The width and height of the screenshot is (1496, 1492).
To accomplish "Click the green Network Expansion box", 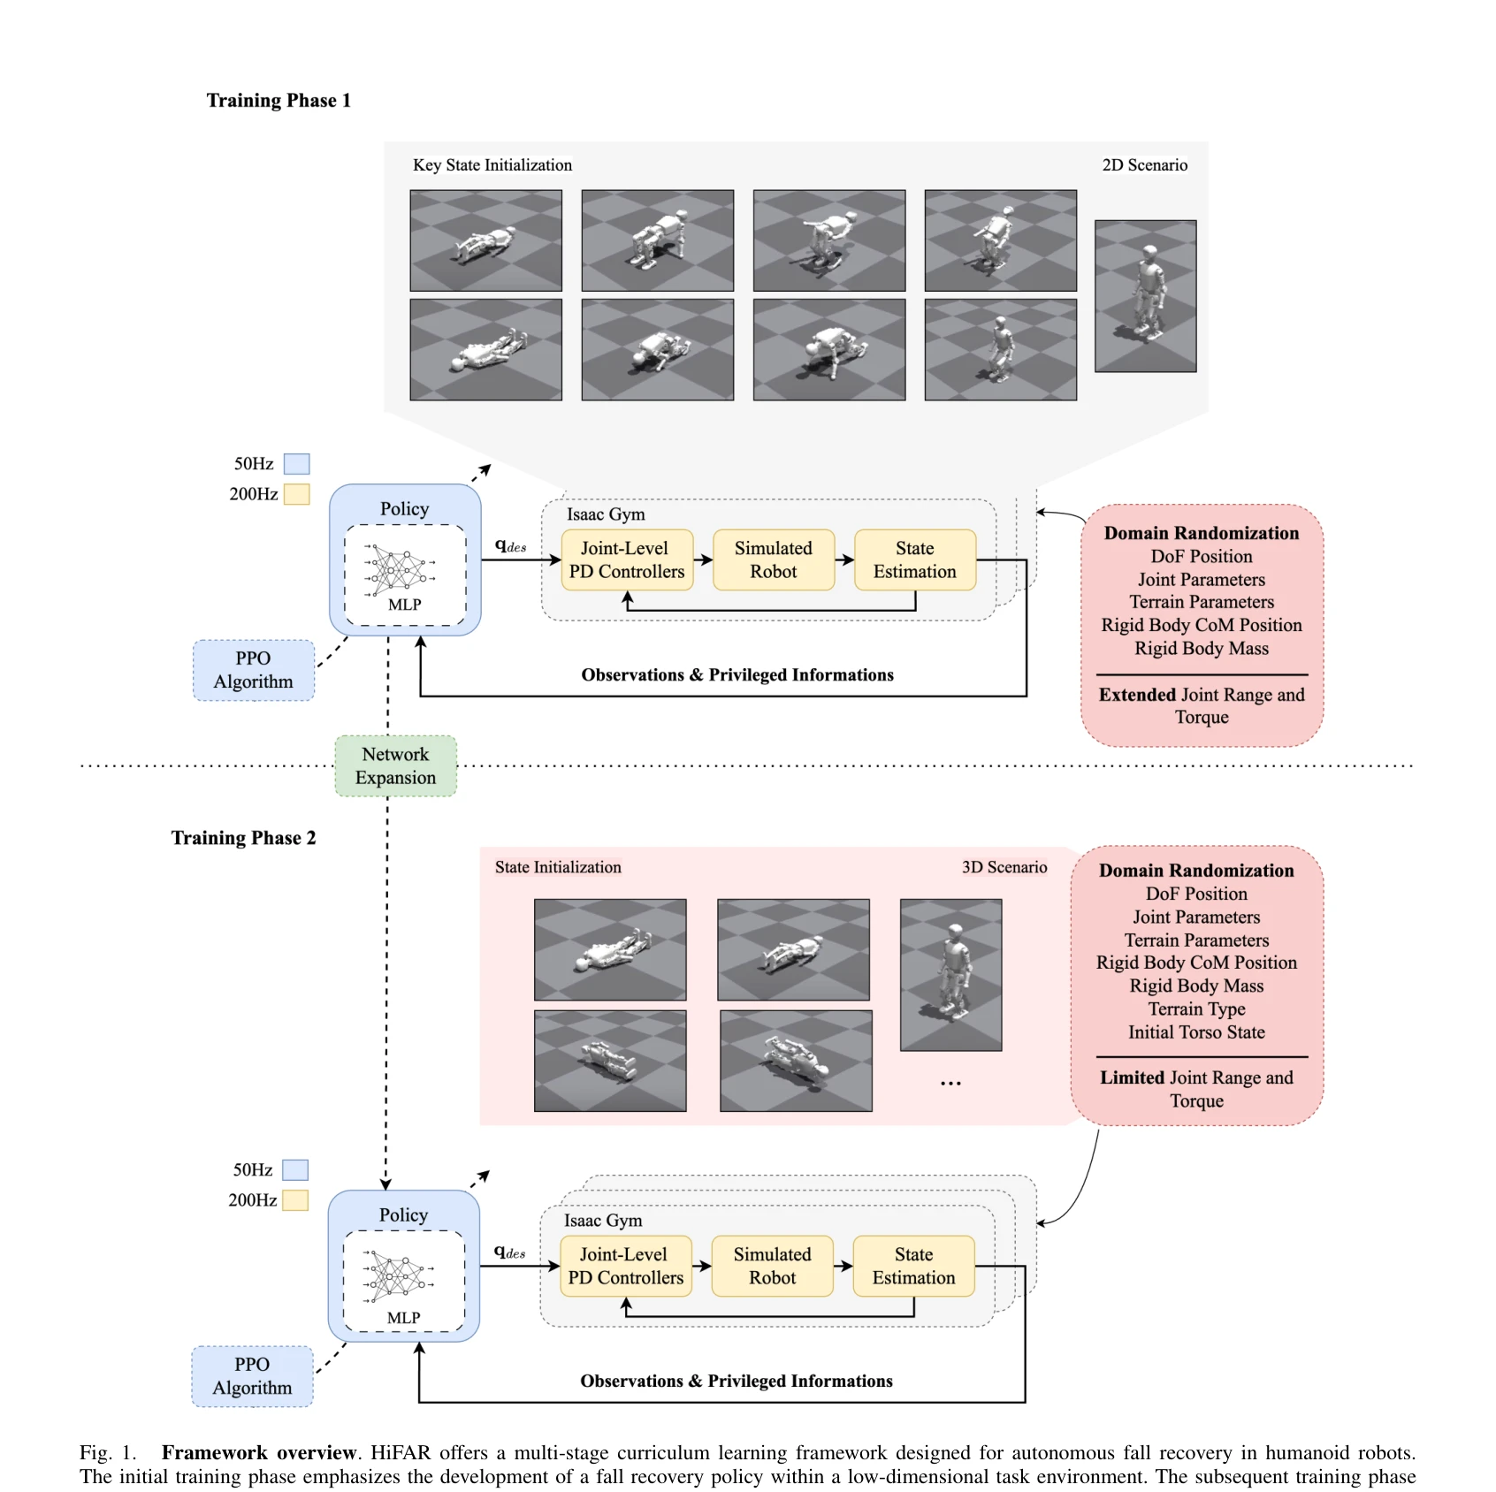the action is [395, 765].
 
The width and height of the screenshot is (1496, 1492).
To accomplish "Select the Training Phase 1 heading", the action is [279, 101].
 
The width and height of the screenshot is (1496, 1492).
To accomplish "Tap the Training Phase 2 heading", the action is [243, 838].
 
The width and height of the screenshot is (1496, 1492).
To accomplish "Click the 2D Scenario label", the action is [1144, 165].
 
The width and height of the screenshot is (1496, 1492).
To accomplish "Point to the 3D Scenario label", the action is [1004, 867].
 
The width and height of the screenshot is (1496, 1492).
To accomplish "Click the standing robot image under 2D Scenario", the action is [1145, 296].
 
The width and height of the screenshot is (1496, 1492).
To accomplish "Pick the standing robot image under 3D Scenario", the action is [950, 975].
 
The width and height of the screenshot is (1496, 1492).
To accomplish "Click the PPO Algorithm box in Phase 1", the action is [254, 670].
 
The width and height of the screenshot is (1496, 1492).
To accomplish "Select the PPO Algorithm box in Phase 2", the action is [252, 1376].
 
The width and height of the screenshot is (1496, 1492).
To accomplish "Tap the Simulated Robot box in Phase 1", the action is [774, 559].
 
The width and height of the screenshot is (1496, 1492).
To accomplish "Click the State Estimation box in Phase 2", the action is [913, 1266].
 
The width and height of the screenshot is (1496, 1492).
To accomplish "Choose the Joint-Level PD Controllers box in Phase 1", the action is [627, 559].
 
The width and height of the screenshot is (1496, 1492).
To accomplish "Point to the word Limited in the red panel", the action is [1132, 1077].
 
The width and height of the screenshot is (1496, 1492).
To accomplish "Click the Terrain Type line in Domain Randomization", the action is [1196, 1009].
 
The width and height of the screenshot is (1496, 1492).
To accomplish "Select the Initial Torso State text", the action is [1196, 1032].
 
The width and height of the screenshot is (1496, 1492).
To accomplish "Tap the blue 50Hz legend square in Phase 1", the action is [296, 464].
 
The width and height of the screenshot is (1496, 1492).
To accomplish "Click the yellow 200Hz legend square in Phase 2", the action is [295, 1200].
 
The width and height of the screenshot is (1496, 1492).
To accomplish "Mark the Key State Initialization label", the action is [492, 165].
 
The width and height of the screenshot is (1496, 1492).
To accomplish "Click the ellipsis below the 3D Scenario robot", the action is [950, 1084].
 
